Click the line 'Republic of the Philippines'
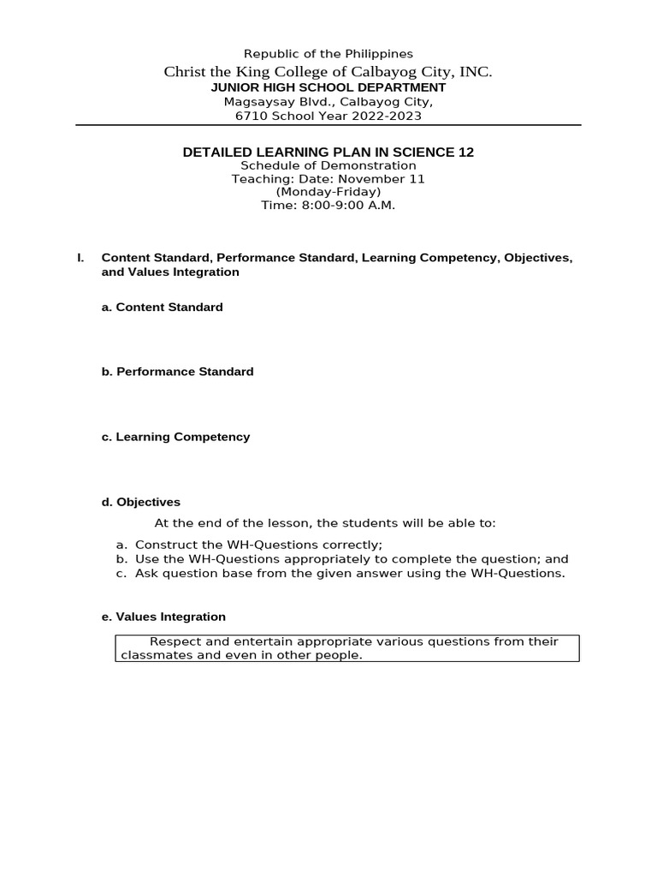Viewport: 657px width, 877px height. pos(328,54)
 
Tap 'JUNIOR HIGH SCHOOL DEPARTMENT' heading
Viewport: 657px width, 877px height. pos(328,87)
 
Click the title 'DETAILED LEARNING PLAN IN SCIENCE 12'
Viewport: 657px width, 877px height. pos(328,152)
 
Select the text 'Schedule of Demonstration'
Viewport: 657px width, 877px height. pos(328,166)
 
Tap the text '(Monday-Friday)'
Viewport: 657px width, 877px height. pos(328,192)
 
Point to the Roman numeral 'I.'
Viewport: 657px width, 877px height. pos(80,258)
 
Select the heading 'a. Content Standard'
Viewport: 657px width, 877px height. pos(163,307)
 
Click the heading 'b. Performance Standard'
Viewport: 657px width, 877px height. pos(178,372)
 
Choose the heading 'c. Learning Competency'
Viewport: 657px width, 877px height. pos(176,437)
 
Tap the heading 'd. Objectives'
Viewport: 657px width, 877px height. pos(141,502)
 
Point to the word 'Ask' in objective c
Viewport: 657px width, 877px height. pos(145,574)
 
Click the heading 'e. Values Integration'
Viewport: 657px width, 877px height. pos(164,617)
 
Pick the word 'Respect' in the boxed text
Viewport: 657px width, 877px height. pos(175,641)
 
